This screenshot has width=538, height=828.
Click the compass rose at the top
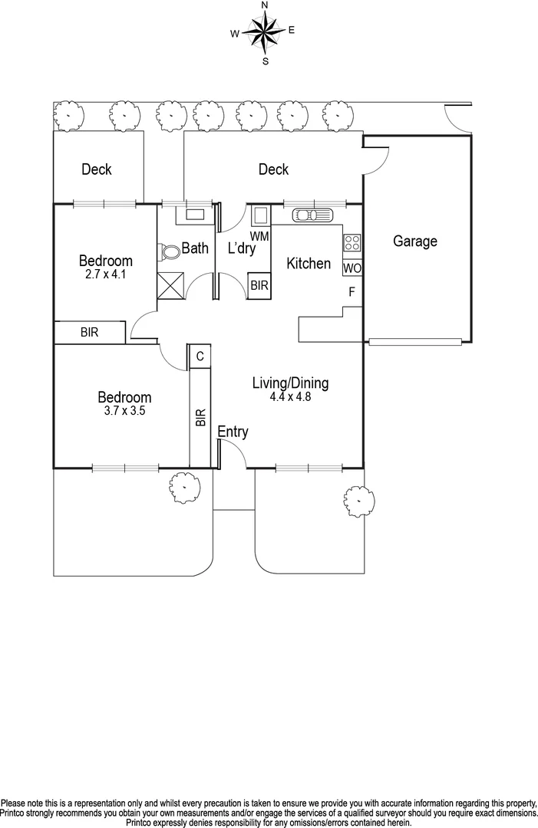click(x=265, y=32)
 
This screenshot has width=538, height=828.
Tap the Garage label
click(x=415, y=242)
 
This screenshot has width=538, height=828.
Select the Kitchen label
click(x=309, y=264)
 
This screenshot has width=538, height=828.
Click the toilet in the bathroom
click(x=168, y=251)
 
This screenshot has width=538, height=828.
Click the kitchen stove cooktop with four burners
click(x=352, y=243)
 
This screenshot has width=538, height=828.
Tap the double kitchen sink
click(x=309, y=214)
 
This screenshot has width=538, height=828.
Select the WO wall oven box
click(x=352, y=268)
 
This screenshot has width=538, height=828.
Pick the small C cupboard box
click(x=200, y=356)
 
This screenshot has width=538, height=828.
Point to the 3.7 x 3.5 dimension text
click(x=124, y=410)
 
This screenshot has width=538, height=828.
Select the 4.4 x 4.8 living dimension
click(x=291, y=396)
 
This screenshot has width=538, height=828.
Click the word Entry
click(x=233, y=432)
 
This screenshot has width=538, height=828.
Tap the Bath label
click(x=195, y=248)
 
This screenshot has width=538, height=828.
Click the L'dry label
click(x=242, y=248)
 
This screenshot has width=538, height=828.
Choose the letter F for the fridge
click(x=352, y=292)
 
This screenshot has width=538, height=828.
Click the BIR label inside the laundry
click(x=259, y=285)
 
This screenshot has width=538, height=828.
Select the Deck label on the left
click(x=97, y=169)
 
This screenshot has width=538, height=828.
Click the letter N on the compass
click(x=265, y=5)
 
